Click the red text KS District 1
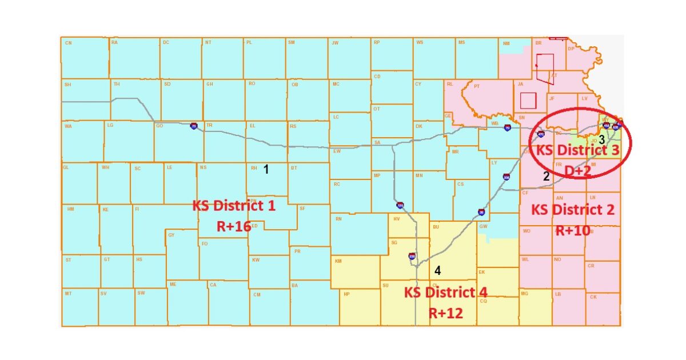[234, 206]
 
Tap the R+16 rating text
[234, 226]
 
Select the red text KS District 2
[573, 209]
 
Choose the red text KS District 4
[446, 292]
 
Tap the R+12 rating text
[446, 313]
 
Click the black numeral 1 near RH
[266, 169]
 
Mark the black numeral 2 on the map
[546, 177]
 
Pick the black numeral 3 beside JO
[601, 139]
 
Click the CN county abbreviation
[68, 43]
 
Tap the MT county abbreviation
[68, 293]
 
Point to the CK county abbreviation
[593, 297]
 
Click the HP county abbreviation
[346, 294]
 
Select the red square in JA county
[528, 101]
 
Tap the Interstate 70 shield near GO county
[194, 126]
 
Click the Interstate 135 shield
[400, 205]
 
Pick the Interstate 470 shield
[541, 134]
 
